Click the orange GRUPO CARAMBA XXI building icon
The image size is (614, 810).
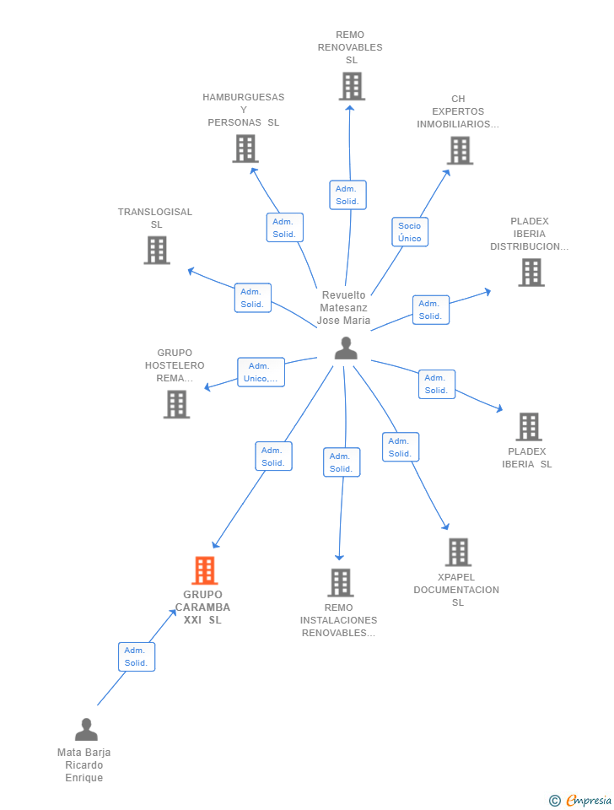pyautogui.click(x=204, y=570)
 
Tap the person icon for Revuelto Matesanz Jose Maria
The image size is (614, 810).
pyautogui.click(x=346, y=348)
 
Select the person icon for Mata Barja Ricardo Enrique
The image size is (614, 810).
pyautogui.click(x=86, y=729)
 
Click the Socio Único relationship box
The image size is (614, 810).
pyautogui.click(x=410, y=232)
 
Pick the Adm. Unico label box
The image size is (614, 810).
pyautogui.click(x=261, y=372)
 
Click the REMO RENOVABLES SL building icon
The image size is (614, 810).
pyautogui.click(x=353, y=86)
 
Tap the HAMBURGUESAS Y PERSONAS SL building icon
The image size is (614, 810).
pyautogui.click(x=245, y=148)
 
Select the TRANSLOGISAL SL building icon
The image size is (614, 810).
pyautogui.click(x=157, y=250)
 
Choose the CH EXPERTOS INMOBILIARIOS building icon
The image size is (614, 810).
pyautogui.click(x=460, y=150)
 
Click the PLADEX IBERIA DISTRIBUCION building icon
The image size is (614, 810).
pyautogui.click(x=531, y=273)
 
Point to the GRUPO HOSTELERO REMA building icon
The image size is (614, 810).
pyautogui.click(x=176, y=404)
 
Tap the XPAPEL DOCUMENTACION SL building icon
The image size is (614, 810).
pyautogui.click(x=459, y=552)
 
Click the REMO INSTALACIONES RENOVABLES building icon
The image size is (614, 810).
pyautogui.click(x=341, y=583)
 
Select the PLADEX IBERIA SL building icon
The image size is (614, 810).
pyautogui.click(x=529, y=427)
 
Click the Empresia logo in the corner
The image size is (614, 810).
pyautogui.click(x=580, y=800)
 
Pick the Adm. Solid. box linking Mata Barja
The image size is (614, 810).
pyautogui.click(x=137, y=656)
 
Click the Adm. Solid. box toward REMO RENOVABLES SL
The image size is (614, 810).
pyautogui.click(x=348, y=195)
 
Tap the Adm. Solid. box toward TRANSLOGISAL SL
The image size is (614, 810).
pyautogui.click(x=252, y=298)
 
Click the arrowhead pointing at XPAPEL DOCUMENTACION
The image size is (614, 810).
pyautogui.click(x=446, y=526)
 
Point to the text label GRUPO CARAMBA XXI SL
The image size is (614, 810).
pyautogui.click(x=203, y=607)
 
